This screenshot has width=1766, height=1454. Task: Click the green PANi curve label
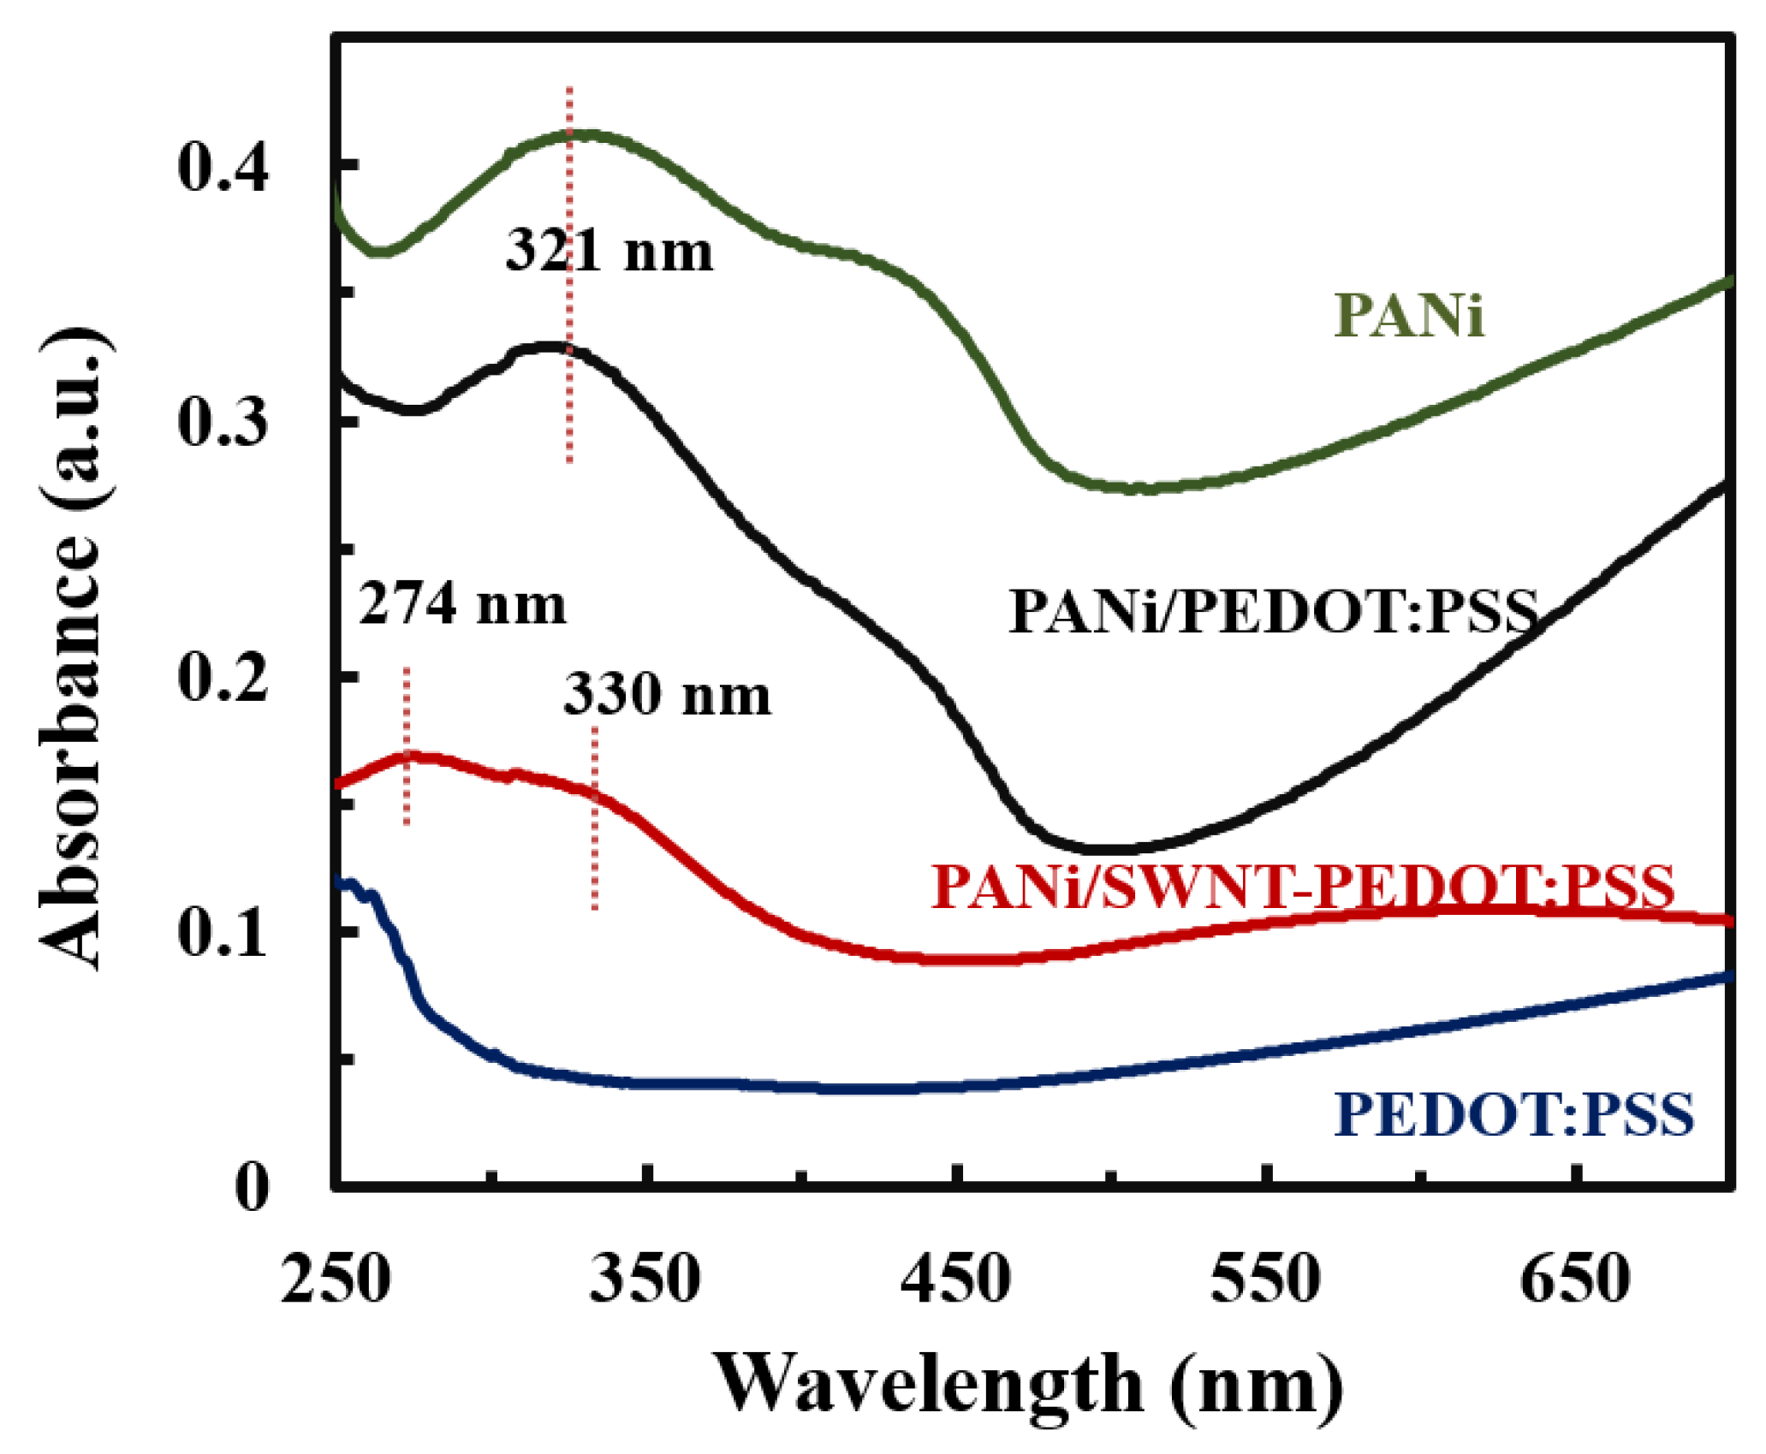[x=1408, y=317]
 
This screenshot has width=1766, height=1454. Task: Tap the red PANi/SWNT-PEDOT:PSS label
[x=1302, y=886]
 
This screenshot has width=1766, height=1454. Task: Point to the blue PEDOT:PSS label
[x=1513, y=1113]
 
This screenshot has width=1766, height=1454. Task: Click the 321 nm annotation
[x=609, y=252]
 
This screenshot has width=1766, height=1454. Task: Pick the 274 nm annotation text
[x=462, y=604]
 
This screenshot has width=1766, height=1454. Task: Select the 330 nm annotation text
[x=667, y=694]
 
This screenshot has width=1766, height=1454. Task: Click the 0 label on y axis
[x=251, y=1187]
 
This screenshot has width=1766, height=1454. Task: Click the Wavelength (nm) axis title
[x=1027, y=1385]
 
